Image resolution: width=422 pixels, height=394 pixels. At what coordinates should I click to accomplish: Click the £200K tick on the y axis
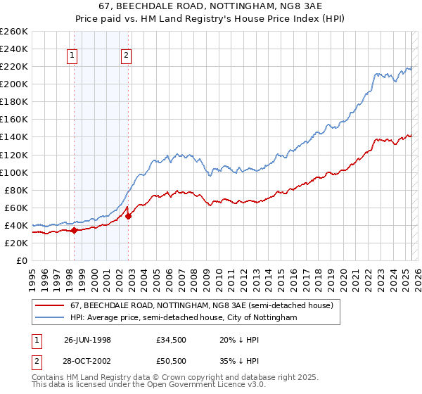click(x=14, y=84)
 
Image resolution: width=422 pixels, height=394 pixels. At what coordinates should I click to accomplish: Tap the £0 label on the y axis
click(x=21, y=260)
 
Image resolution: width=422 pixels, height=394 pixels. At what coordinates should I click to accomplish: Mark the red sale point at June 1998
click(x=74, y=230)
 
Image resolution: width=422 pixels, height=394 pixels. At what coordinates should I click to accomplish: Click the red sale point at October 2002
click(x=129, y=216)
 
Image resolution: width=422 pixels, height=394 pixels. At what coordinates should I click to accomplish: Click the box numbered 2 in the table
click(x=35, y=361)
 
